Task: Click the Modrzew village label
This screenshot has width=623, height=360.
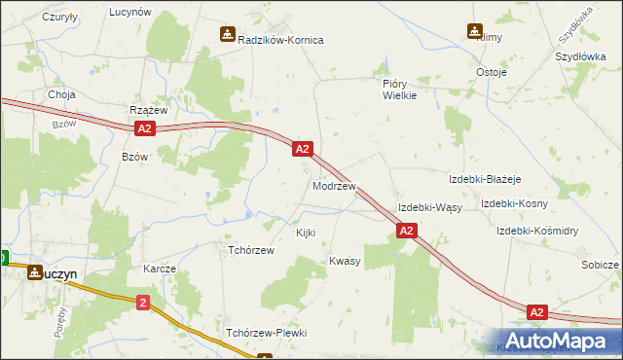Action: pyautogui.click(x=334, y=185)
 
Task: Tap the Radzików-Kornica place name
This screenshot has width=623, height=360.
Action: pyautogui.click(x=280, y=40)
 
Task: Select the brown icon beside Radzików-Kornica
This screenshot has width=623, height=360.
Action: pyautogui.click(x=227, y=34)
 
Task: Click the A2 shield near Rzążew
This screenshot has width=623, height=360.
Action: pyautogui.click(x=144, y=128)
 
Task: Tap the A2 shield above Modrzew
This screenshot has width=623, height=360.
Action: pyautogui.click(x=302, y=149)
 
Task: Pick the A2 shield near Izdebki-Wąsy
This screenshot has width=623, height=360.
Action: pyautogui.click(x=407, y=231)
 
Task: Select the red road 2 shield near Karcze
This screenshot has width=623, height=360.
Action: pyautogui.click(x=144, y=304)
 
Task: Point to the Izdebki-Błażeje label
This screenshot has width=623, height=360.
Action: pyautogui.click(x=486, y=180)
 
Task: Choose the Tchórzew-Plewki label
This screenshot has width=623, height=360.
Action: pyautogui.click(x=266, y=333)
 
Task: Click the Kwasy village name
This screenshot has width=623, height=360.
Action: pyautogui.click(x=345, y=261)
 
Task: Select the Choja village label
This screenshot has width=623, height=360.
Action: pyautogui.click(x=62, y=94)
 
